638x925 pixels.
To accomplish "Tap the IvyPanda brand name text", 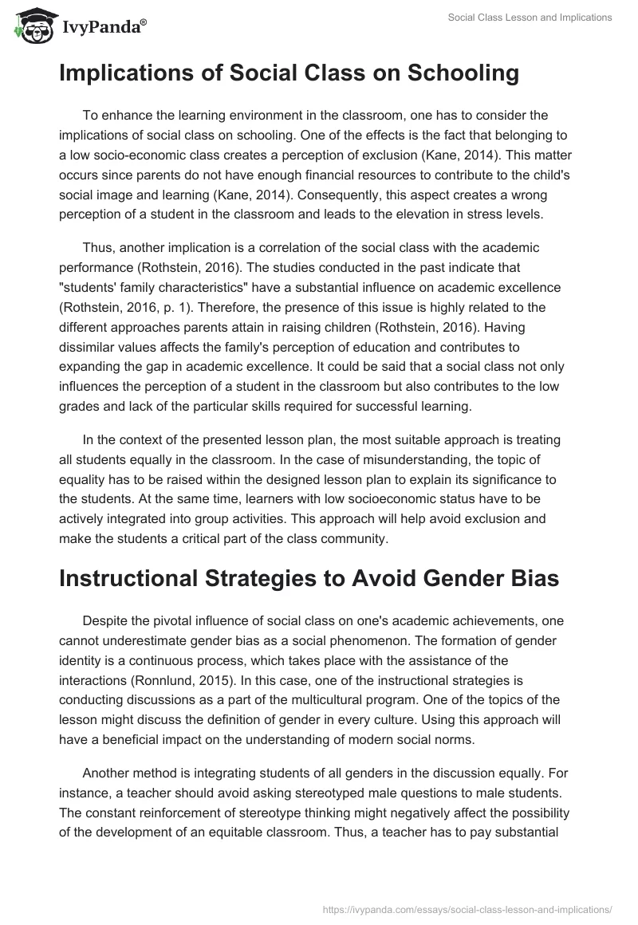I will click(x=102, y=27).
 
